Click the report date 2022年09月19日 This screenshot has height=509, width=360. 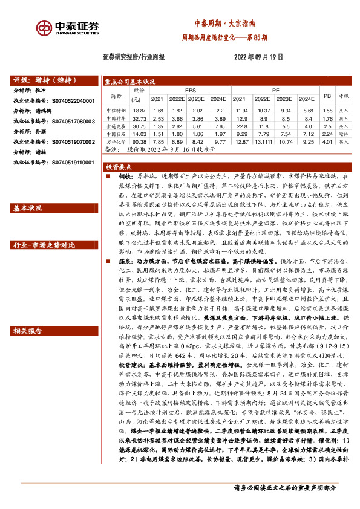258,57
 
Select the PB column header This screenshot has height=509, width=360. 327,96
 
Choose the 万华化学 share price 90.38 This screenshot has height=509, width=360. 139,141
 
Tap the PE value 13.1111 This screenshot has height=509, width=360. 263,141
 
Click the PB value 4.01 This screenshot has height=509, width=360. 327,141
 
